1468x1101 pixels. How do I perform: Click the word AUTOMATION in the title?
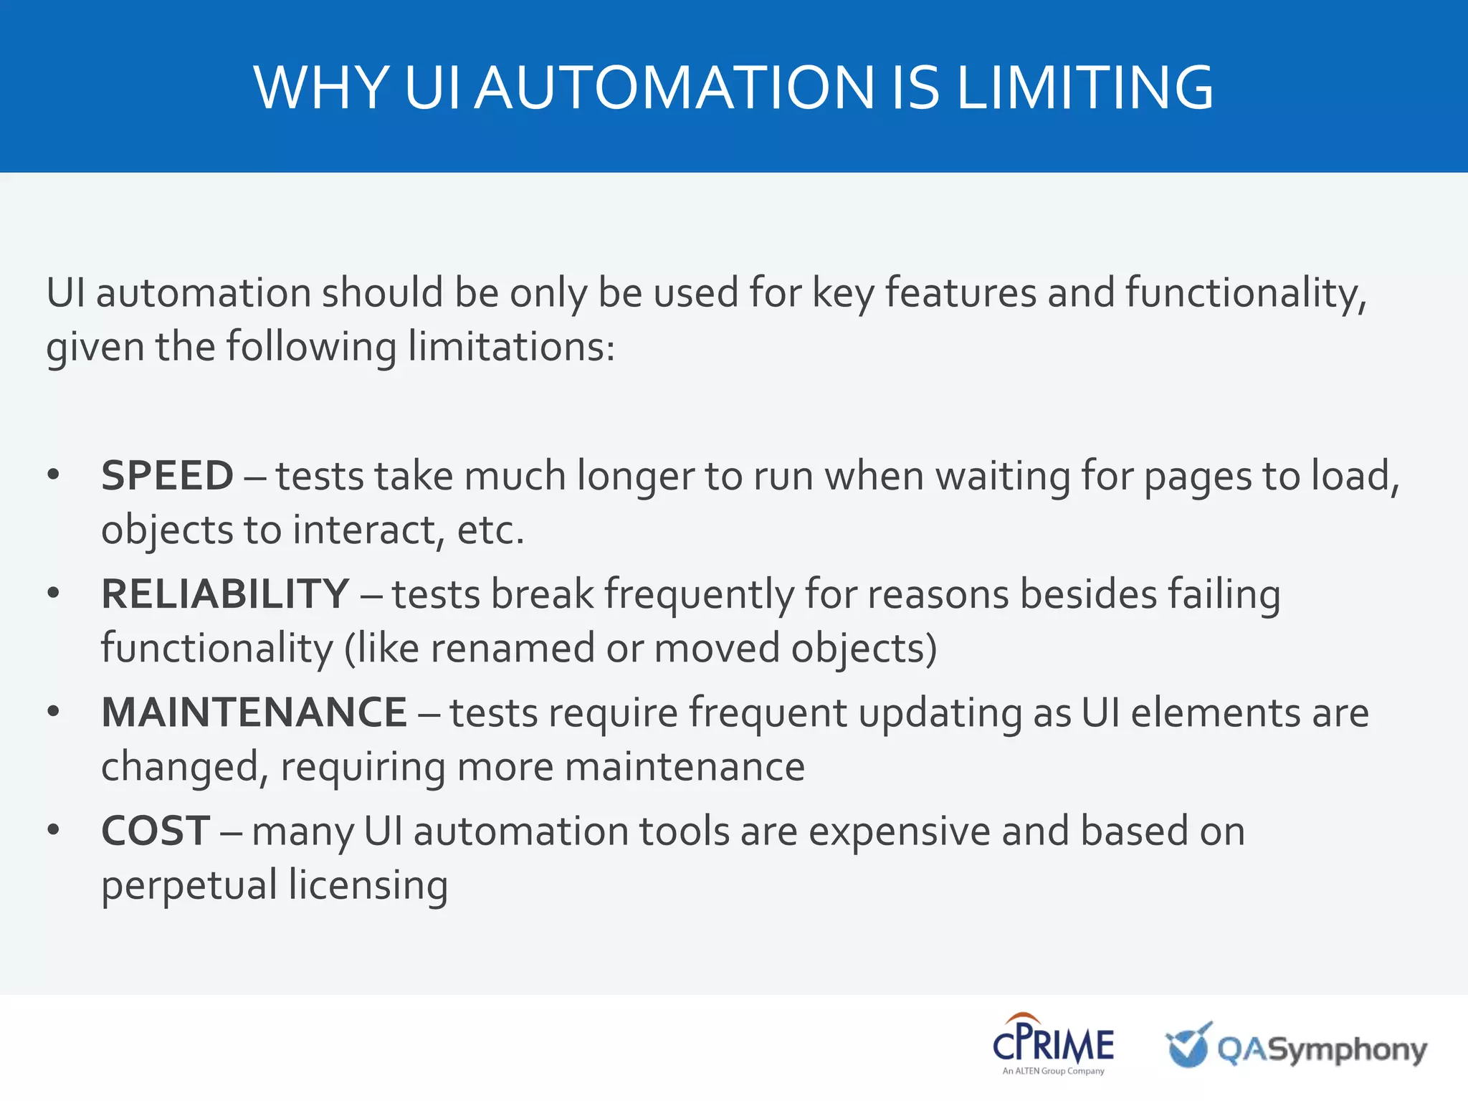(x=675, y=88)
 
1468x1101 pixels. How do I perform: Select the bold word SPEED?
(x=167, y=476)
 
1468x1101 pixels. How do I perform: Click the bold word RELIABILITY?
(x=225, y=594)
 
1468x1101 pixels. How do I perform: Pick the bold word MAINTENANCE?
(x=254, y=712)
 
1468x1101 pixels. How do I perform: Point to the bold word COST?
(x=156, y=831)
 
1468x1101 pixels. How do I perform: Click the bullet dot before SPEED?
(x=53, y=475)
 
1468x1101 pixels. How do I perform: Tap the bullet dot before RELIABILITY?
(x=53, y=594)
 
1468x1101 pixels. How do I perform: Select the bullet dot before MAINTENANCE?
(x=53, y=712)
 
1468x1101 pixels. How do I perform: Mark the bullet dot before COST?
(x=53, y=830)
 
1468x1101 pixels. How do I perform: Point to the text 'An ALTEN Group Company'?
(x=1053, y=1071)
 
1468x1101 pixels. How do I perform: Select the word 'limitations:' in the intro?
(x=511, y=347)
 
